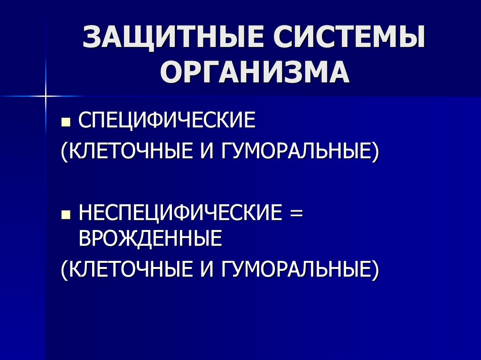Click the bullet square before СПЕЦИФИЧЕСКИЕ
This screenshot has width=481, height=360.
(66, 123)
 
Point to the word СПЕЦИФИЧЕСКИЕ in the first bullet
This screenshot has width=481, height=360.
(167, 121)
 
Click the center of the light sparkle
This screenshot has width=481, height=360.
(46, 96)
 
